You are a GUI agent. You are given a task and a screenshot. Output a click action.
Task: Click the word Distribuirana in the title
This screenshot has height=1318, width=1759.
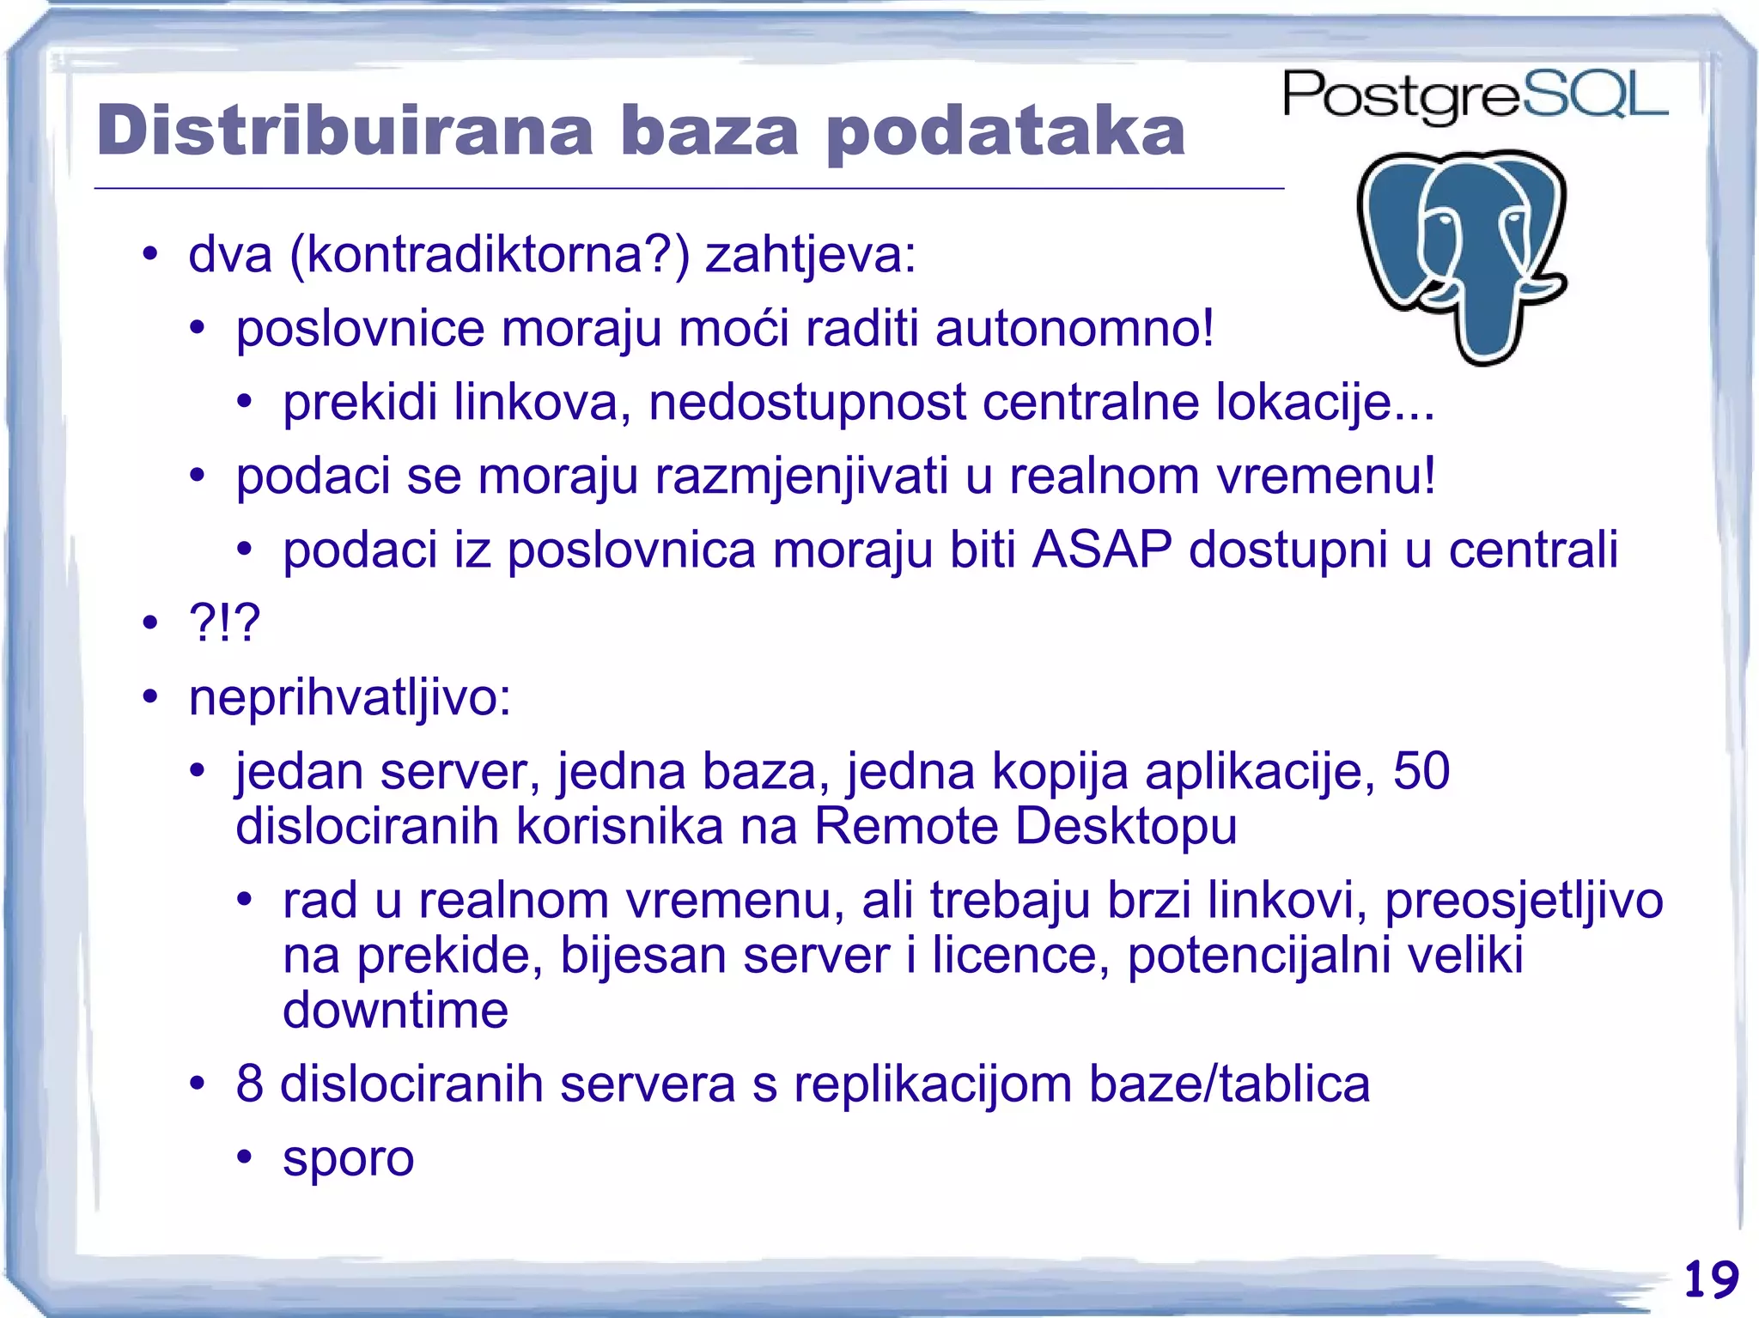tap(344, 131)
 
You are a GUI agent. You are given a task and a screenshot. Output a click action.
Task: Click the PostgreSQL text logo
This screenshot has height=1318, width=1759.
tap(1474, 96)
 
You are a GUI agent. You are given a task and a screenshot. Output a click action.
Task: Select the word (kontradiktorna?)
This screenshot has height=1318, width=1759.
tap(490, 255)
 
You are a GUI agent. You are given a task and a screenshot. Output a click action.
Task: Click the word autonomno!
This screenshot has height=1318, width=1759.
tap(1074, 328)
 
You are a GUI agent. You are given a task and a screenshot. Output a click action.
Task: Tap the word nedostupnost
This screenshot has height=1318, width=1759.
tap(806, 402)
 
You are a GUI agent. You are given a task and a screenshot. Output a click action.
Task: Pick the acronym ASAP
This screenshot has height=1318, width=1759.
tap(1101, 550)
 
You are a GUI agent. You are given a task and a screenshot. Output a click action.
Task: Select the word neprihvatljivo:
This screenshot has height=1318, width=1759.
tap(350, 697)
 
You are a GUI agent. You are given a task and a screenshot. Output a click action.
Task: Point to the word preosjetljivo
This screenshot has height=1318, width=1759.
tap(1524, 900)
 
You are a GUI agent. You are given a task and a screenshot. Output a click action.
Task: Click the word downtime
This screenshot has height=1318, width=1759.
tap(395, 1011)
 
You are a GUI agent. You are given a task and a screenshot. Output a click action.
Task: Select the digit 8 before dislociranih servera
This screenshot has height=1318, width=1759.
tap(249, 1084)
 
